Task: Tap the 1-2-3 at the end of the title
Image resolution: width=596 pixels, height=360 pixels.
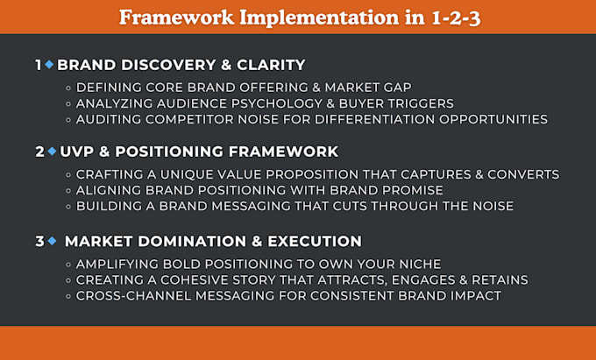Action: point(456,18)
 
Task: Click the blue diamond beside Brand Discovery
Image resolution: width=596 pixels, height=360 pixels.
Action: point(49,65)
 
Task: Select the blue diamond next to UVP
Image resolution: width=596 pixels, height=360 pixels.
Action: point(52,152)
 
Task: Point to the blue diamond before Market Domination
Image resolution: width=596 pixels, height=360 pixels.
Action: point(52,241)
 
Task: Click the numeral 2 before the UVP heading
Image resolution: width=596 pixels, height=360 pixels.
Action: point(40,152)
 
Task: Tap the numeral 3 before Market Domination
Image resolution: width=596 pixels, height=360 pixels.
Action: point(40,241)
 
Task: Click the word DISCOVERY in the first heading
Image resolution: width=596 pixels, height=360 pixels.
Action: point(167,65)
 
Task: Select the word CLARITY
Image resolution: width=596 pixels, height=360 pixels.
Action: point(271,65)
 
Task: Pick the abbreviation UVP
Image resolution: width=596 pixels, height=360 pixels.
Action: point(77,152)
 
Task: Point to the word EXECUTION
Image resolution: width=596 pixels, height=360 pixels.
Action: point(315,241)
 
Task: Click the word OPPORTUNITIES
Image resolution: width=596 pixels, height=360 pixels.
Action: point(493,119)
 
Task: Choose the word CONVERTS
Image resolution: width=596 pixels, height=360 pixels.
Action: point(523,174)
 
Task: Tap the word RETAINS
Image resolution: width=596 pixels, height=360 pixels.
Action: point(500,280)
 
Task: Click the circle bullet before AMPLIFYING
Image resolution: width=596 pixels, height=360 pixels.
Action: point(68,265)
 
